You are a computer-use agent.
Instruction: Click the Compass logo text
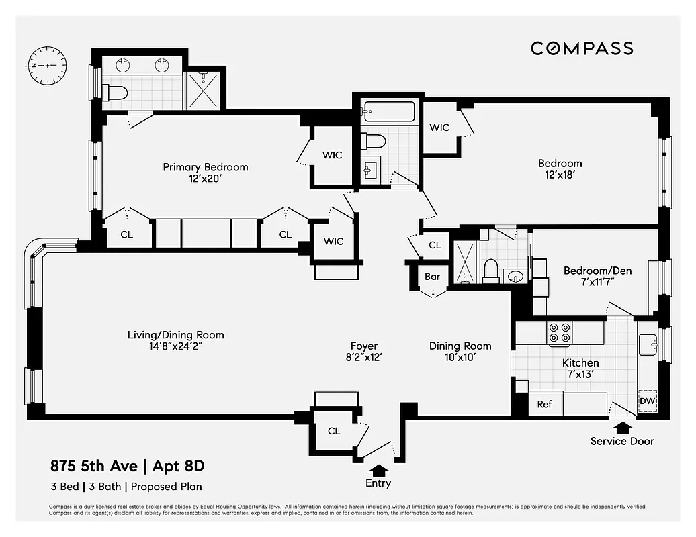point(582,48)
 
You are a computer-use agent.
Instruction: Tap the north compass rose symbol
point(46,66)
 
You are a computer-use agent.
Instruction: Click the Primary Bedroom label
point(205,167)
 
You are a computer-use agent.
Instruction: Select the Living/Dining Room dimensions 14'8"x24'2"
point(176,346)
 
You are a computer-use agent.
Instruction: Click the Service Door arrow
point(622,427)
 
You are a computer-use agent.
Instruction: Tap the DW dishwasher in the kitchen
point(647,401)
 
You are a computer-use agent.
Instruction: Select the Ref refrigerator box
point(544,404)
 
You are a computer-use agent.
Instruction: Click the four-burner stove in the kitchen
point(560,333)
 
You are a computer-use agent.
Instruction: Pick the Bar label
point(433,276)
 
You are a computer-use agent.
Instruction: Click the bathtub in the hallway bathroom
point(388,112)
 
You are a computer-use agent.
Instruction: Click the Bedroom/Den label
point(589,271)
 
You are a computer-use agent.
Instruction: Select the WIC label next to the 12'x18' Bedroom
point(439,128)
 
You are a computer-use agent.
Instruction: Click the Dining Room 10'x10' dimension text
point(460,358)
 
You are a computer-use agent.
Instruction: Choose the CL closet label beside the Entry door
point(334,431)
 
